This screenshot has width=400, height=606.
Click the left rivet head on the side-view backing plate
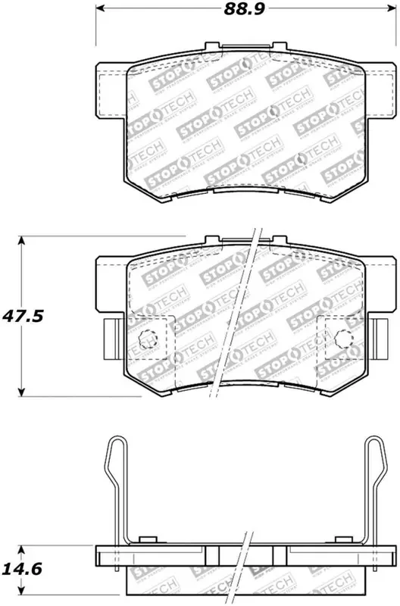click(x=149, y=539)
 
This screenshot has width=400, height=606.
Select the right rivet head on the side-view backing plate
click(x=342, y=539)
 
